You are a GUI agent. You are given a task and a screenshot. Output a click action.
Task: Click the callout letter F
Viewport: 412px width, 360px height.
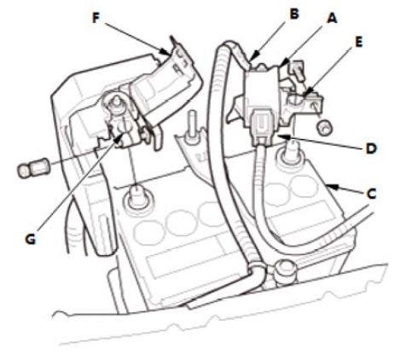click(x=96, y=18)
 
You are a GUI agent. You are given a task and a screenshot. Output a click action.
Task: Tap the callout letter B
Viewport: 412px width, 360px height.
click(x=294, y=14)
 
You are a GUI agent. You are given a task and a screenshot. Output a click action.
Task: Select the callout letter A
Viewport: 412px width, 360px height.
click(x=332, y=18)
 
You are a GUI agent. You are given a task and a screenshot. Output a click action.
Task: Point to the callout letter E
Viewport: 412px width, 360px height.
click(x=359, y=42)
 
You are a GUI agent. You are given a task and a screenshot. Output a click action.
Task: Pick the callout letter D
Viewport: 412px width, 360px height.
click(x=371, y=148)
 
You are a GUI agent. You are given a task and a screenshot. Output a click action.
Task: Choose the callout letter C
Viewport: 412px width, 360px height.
click(x=371, y=194)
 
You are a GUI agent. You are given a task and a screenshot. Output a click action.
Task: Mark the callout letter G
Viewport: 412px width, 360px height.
click(x=30, y=239)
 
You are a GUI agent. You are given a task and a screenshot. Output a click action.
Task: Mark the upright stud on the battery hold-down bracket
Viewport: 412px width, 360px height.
click(x=193, y=125)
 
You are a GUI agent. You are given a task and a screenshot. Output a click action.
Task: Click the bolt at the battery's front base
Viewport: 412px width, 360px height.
click(x=284, y=270)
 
